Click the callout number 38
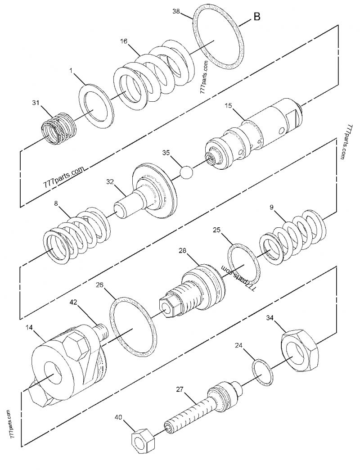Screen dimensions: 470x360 tap(178, 12)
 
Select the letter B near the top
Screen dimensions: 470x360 tap(256, 17)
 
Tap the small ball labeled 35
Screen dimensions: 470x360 tap(186, 172)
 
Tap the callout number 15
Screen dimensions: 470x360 tap(228, 106)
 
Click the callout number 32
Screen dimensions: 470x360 tap(110, 182)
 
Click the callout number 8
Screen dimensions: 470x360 tap(56, 203)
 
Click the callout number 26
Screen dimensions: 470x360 tap(100, 285)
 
